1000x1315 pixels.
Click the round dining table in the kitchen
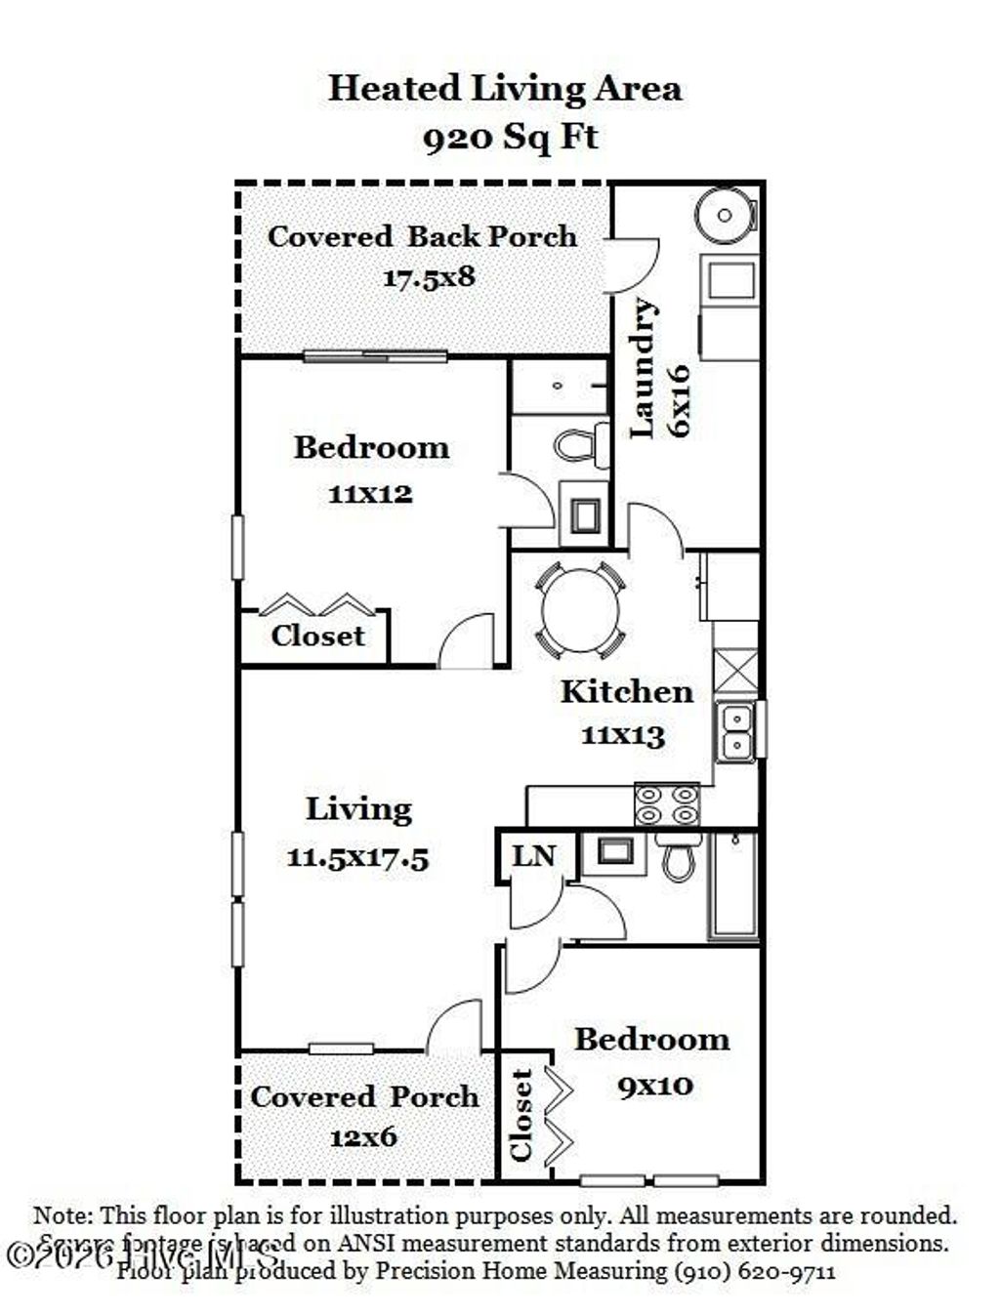pos(580,610)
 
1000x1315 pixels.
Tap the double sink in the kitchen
pos(734,731)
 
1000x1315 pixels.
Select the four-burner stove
pos(667,804)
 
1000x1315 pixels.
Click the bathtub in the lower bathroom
pos(733,885)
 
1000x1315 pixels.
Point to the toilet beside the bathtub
pos(678,856)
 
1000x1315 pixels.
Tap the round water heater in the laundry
pos(725,215)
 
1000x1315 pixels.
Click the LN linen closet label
pos(533,856)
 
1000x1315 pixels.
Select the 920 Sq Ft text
pos(510,137)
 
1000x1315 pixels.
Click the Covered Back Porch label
pos(422,236)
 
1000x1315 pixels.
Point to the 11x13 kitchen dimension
pos(623,734)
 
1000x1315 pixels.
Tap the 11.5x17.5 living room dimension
pos(357,858)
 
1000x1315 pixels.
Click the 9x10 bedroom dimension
pos(655,1085)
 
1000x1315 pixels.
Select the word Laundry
pos(643,367)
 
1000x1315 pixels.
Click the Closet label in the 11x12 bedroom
pos(317,636)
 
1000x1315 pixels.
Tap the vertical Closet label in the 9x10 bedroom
pos(521,1116)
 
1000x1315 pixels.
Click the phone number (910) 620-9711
pos(754,1271)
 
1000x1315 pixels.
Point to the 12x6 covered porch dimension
pos(362,1137)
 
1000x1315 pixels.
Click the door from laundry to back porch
pos(630,265)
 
